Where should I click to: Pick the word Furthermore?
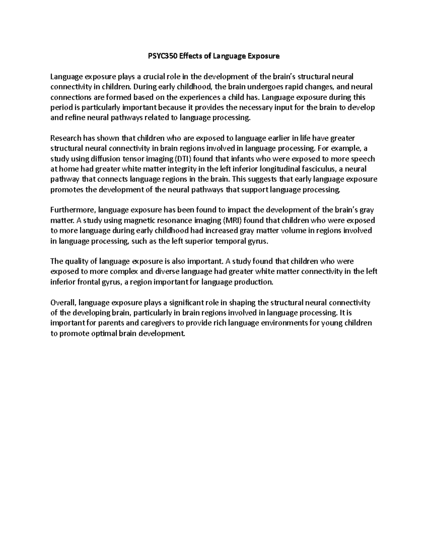tap(73, 210)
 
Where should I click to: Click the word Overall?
tap(63, 303)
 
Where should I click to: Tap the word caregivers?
tap(156, 323)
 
